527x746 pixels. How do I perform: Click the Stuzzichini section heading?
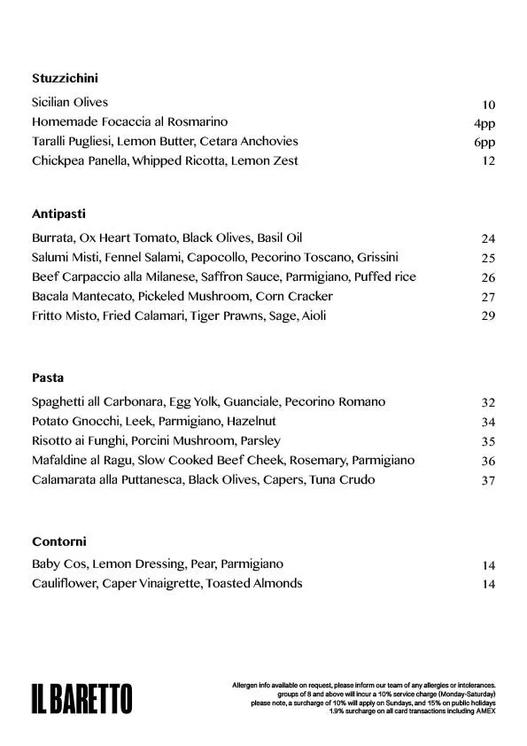pyautogui.click(x=65, y=77)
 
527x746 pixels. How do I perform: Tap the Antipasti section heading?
pyautogui.click(x=58, y=214)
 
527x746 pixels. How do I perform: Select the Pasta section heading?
pyautogui.click(x=48, y=377)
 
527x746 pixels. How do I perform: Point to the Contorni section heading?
pyautogui.click(x=58, y=540)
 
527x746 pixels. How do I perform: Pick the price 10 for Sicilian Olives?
pyautogui.click(x=488, y=104)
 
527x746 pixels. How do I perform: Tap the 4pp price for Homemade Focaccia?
pyautogui.click(x=484, y=123)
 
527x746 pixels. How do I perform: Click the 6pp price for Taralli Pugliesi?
pyautogui.click(x=484, y=143)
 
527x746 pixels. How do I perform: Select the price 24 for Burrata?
pyautogui.click(x=488, y=238)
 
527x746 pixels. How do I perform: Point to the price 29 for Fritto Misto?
pyautogui.click(x=488, y=316)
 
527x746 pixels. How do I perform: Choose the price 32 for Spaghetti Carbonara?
pyautogui.click(x=488, y=402)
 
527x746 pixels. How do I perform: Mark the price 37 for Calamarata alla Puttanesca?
pyautogui.click(x=488, y=480)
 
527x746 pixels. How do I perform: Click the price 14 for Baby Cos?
pyautogui.click(x=488, y=565)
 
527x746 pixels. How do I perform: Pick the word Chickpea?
pyautogui.click(x=58, y=160)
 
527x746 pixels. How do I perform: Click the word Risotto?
pyautogui.click(x=52, y=440)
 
